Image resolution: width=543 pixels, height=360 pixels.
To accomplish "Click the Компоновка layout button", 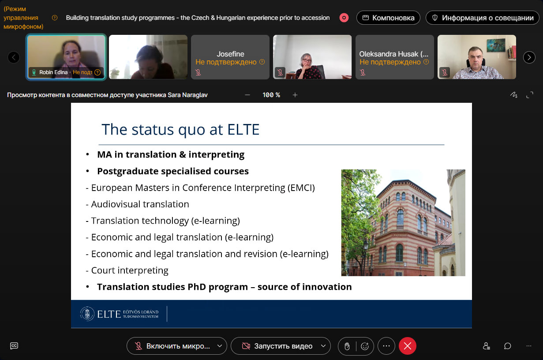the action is (388, 18).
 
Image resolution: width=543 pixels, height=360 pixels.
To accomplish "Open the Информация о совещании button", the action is (483, 18).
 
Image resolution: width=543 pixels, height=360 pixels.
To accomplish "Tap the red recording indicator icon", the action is (344, 18).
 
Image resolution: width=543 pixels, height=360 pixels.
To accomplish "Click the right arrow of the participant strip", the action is (529, 57).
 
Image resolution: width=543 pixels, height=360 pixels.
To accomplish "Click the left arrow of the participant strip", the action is (14, 57).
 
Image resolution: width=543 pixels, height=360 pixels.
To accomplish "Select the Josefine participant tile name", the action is (230, 54).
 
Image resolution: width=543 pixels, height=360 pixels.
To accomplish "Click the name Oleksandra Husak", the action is (389, 54).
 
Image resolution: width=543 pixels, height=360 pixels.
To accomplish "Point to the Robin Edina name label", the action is (53, 72).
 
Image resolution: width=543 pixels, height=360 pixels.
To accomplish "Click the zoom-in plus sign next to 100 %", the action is (295, 95).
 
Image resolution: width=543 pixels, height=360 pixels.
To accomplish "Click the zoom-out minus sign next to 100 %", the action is (247, 95).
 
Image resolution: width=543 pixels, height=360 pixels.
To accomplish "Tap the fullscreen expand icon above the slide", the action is (530, 95).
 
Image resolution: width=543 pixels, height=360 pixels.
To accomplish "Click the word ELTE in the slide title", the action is (243, 129).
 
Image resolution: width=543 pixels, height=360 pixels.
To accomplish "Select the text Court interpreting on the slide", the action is (130, 270).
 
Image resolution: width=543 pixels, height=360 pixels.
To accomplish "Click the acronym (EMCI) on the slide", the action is (301, 188).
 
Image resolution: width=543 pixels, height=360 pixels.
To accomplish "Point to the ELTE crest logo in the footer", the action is (87, 314).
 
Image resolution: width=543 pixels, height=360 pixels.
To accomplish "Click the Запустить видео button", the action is (281, 346).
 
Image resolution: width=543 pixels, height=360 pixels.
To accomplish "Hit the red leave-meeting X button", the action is (408, 346).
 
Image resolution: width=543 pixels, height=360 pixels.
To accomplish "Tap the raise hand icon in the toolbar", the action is (347, 346).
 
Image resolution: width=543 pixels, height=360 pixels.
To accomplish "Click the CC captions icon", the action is (14, 346).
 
